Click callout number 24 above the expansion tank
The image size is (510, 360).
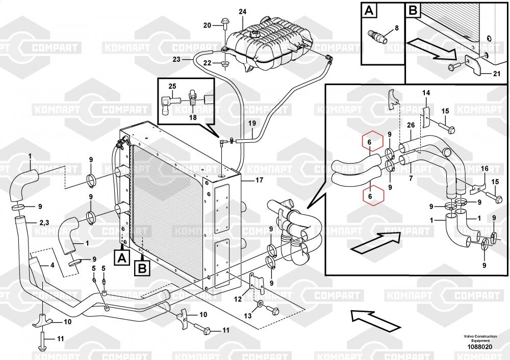pos(243,12)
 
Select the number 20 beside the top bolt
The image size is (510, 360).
pos(207,25)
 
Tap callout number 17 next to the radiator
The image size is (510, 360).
pos(259,180)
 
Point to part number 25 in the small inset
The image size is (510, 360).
pos(172,86)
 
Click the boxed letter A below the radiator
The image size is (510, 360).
pos(122,258)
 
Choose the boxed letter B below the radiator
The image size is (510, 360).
pos(142,269)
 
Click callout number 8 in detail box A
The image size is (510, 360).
pos(396,28)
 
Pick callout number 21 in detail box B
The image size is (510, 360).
pos(497,74)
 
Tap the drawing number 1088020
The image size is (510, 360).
pos(480,347)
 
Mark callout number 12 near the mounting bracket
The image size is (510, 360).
pos(238,298)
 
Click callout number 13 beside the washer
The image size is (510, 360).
pos(248,316)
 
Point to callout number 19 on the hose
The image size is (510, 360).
pos(252,123)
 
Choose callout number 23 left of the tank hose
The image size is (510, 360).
pos(176,59)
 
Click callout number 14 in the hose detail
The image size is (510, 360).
pos(426,93)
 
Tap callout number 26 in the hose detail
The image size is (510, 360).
pos(411,125)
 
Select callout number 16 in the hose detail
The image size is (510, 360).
pos(484,169)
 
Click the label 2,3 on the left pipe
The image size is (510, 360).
pos(44,223)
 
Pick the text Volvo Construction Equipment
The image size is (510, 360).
pos(480,338)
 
